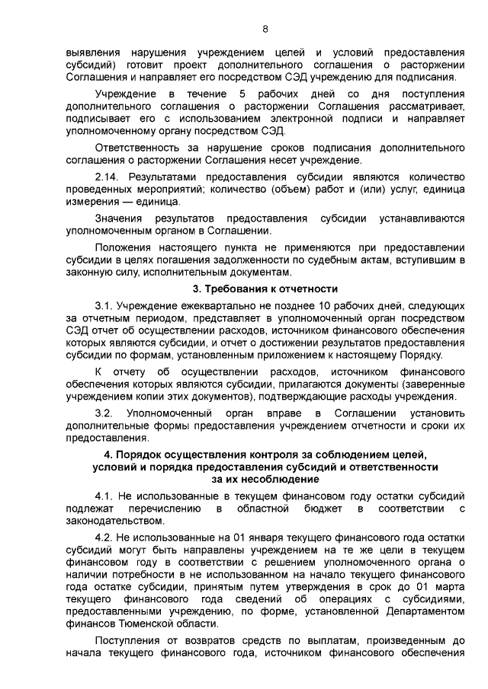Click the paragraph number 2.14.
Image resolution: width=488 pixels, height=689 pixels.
[x=106, y=176]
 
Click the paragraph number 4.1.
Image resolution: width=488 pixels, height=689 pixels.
[x=103, y=495]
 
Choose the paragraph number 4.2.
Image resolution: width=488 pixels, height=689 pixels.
[x=103, y=537]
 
